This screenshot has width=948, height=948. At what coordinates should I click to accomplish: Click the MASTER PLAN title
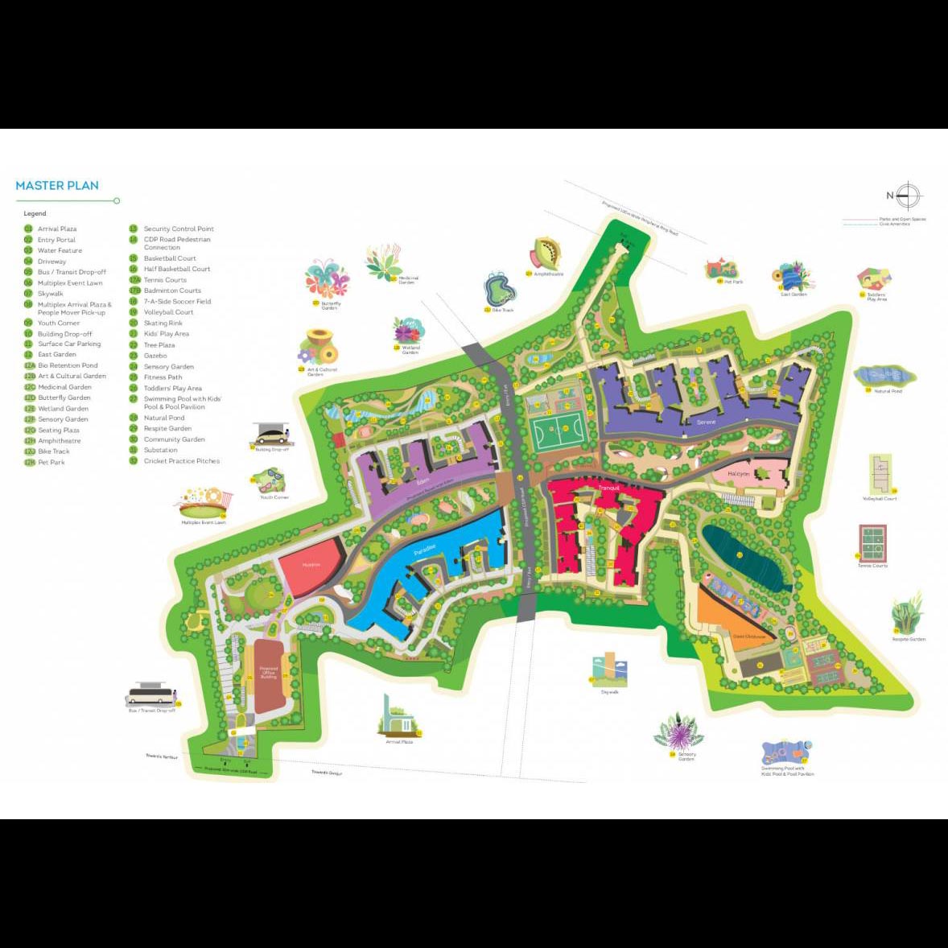[57, 186]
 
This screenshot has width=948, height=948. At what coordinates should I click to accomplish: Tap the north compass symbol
[907, 196]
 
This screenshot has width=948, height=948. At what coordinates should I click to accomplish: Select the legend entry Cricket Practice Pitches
[181, 461]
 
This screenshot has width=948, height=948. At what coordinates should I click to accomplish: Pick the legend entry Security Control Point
[179, 229]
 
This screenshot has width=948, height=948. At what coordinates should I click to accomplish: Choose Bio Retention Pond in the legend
[68, 365]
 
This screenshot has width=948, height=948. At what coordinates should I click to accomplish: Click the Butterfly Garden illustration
[327, 279]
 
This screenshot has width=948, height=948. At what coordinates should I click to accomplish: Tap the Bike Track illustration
[499, 289]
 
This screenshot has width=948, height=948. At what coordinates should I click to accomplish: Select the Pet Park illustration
[721, 268]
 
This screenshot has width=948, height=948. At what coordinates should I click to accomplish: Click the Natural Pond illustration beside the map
[884, 375]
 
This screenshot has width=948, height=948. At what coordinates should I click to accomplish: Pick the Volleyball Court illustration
[880, 474]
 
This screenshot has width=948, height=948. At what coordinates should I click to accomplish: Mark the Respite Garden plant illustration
[908, 614]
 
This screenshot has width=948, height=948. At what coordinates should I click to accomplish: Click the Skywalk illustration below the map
[609, 670]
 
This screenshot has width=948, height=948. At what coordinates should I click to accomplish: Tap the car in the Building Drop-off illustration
[272, 437]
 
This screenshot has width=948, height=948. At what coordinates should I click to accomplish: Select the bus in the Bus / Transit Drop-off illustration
[150, 695]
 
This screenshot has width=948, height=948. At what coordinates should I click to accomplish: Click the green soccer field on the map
[554, 433]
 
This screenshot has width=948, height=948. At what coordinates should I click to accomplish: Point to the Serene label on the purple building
[706, 422]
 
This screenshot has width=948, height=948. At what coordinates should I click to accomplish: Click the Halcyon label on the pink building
[738, 474]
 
